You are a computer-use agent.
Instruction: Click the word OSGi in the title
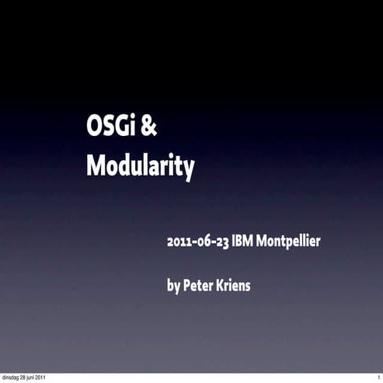(111, 127)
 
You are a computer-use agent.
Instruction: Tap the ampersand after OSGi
(150, 127)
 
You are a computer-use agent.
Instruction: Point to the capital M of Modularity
(95, 164)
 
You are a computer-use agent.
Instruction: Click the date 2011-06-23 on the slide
(197, 241)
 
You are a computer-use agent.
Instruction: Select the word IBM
(243, 241)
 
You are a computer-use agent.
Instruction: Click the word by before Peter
(174, 286)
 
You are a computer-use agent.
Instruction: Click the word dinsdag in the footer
(14, 378)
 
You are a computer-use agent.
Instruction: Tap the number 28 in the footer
(30, 378)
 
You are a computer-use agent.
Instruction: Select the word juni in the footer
(40, 378)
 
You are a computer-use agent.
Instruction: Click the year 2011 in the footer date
(52, 378)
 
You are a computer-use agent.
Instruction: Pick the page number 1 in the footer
(378, 378)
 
